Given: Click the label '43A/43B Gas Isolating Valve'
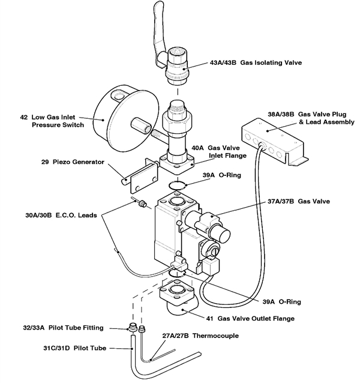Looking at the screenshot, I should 254,62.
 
